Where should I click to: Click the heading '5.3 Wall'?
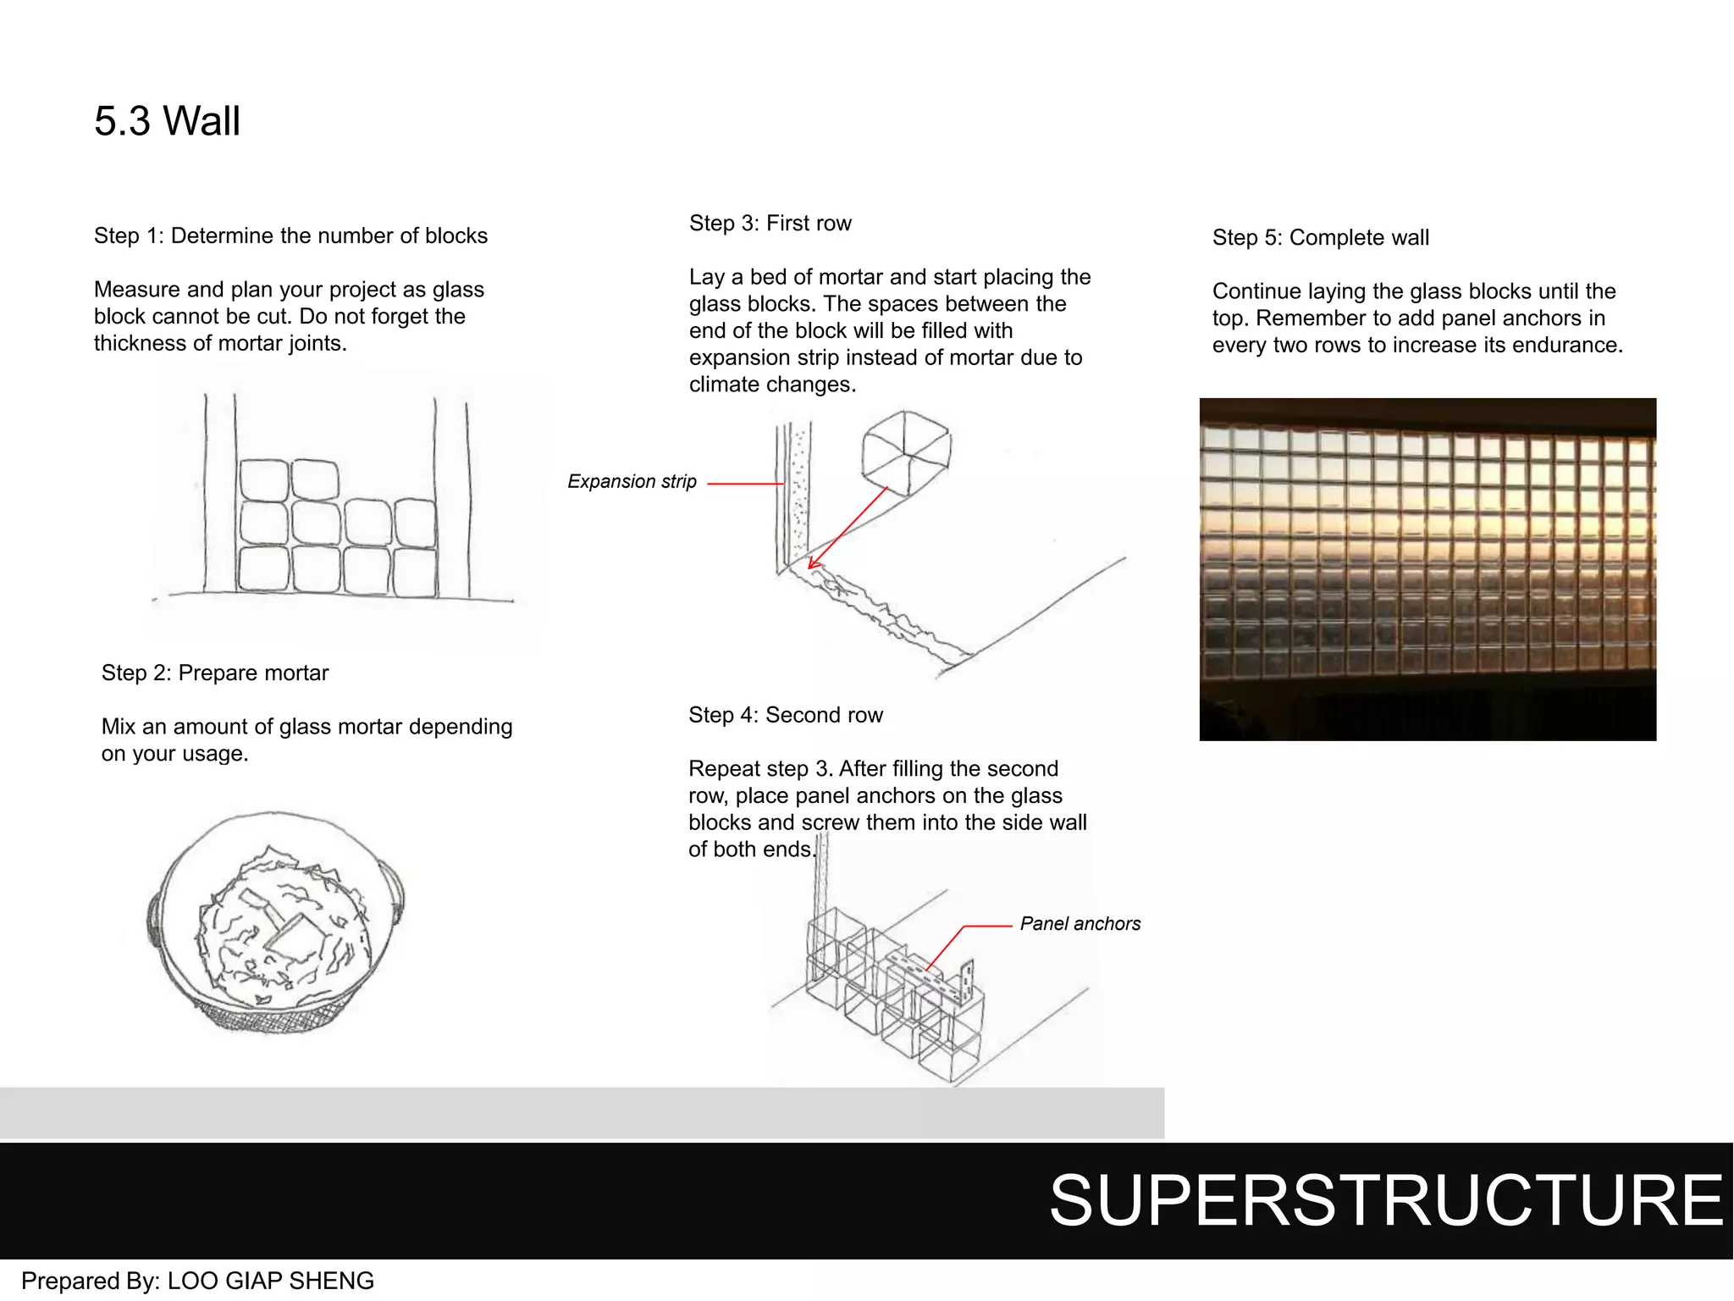167,121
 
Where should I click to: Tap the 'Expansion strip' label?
632,482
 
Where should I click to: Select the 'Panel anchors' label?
1080,924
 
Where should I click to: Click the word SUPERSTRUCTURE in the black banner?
1386,1201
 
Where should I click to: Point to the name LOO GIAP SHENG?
270,1281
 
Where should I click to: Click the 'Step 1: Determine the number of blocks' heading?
290,235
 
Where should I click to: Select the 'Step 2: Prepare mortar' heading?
215,673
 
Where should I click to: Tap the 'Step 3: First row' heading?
770,224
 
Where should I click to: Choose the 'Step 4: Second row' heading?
785,715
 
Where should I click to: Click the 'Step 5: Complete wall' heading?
1320,238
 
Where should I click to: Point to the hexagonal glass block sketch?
905,453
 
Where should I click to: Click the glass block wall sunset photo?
1428,569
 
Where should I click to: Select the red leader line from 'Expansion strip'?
745,484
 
